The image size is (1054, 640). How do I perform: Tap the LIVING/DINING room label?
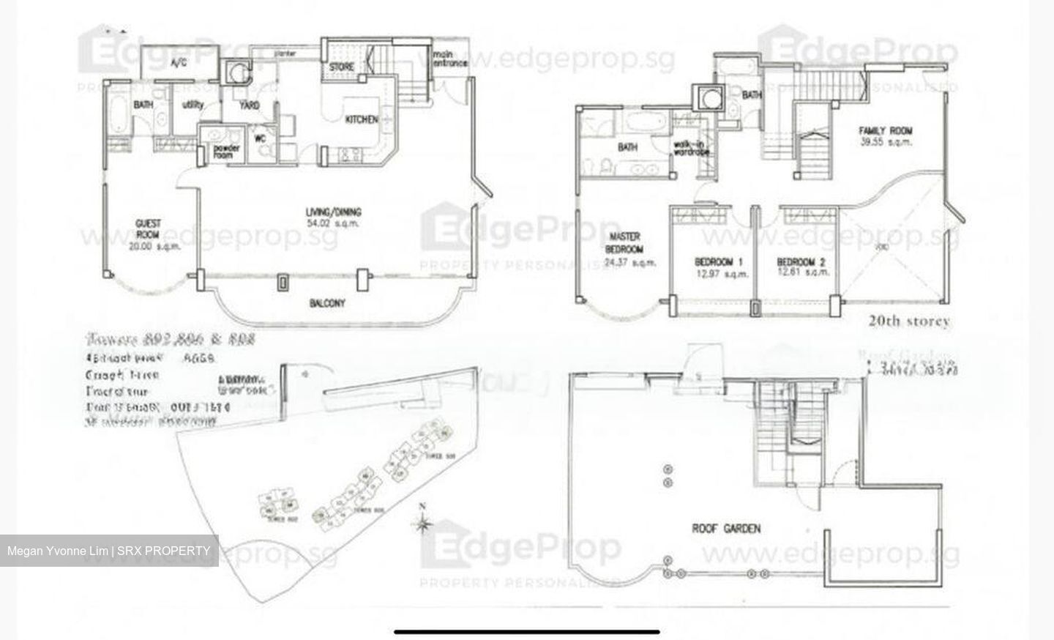click(333, 212)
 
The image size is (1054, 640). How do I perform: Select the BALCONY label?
click(326, 303)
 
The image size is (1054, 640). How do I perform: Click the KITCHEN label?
click(362, 119)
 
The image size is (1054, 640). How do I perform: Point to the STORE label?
click(341, 67)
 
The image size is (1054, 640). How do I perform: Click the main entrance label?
click(449, 59)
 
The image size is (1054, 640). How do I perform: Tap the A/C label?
click(179, 63)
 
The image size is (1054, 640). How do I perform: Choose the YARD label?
click(250, 105)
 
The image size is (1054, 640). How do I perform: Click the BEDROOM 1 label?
click(719, 261)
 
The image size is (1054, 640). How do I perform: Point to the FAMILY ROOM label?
click(885, 131)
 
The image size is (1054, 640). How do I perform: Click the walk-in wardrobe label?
click(691, 148)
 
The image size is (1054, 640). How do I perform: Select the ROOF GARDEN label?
click(726, 528)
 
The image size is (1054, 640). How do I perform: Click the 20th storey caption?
click(909, 321)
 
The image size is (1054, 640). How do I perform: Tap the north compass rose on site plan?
click(422, 523)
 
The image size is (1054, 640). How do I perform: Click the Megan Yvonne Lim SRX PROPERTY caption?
click(109, 551)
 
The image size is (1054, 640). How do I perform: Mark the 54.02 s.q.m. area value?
click(333, 223)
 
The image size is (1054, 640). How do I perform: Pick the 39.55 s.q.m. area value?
click(885, 142)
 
